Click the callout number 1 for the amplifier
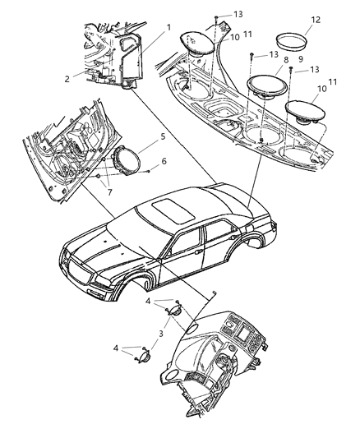(x=168, y=28)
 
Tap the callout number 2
(x=67, y=79)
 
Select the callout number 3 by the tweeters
(x=161, y=334)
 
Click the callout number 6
(x=164, y=161)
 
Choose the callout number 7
(x=109, y=192)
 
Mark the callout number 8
(x=286, y=59)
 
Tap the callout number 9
(x=301, y=59)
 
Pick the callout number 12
(x=316, y=20)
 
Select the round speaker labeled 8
(x=266, y=87)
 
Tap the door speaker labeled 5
(x=125, y=160)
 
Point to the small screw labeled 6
(x=149, y=171)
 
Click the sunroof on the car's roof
(x=173, y=210)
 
